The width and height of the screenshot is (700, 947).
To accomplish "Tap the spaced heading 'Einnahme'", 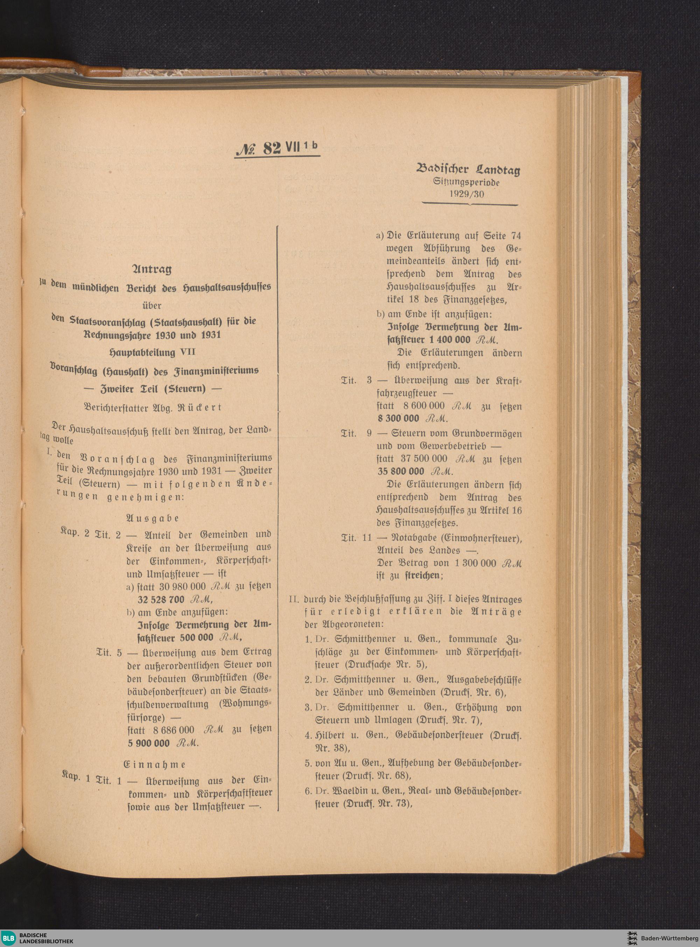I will [x=154, y=764].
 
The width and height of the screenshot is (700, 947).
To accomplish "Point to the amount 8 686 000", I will [x=174, y=730].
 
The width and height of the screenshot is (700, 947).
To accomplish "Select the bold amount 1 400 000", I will [x=452, y=340].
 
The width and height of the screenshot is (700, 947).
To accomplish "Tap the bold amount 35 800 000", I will [x=401, y=472].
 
